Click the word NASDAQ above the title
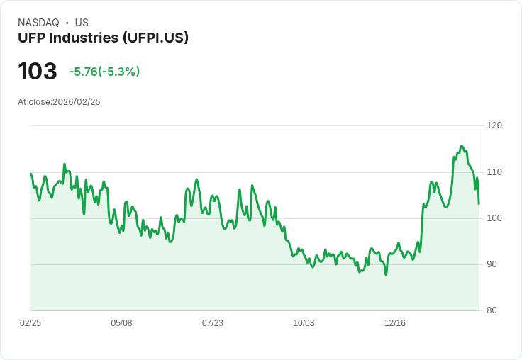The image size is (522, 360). (x=38, y=23)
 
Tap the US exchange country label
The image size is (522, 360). (x=82, y=23)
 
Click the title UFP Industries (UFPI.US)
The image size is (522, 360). (x=103, y=38)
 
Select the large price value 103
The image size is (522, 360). (x=38, y=72)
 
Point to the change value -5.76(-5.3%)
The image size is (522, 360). (x=104, y=72)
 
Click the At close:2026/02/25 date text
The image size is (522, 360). (x=59, y=102)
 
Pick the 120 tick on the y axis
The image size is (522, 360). (x=494, y=125)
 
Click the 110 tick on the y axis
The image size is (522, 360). (x=494, y=172)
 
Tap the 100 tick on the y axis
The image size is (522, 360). (x=494, y=218)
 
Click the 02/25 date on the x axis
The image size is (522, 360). (x=30, y=323)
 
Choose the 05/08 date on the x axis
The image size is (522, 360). (x=121, y=323)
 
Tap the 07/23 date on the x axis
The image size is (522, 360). (x=213, y=323)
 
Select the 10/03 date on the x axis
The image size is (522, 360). (x=304, y=323)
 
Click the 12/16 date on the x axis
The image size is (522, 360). (x=395, y=323)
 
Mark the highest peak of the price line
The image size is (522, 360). (x=462, y=146)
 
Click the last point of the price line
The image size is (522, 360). (x=479, y=204)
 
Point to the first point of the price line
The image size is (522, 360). (x=30, y=174)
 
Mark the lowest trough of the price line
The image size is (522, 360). (x=386, y=274)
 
